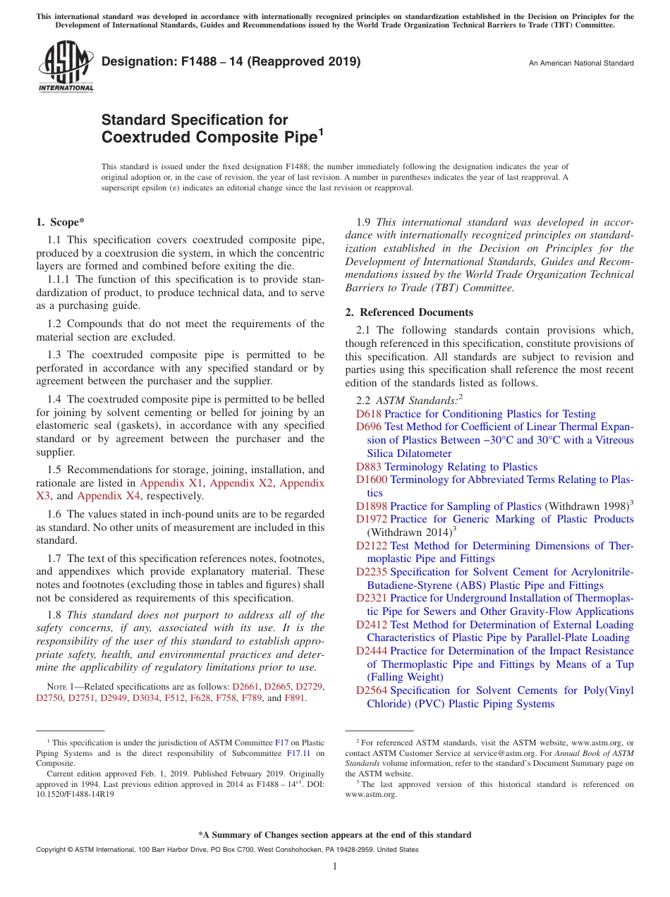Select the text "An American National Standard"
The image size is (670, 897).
(581, 63)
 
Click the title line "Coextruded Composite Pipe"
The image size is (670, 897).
(209, 138)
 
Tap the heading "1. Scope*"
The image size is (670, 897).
(61, 223)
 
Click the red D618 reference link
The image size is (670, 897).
(368, 414)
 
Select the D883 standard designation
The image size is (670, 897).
(368, 467)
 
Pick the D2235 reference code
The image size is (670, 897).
(371, 572)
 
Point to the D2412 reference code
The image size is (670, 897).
(371, 625)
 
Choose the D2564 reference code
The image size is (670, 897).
(371, 690)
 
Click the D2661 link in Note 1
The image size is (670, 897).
(246, 686)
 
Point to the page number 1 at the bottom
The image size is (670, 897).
(335, 867)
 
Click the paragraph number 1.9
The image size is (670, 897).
(364, 222)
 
